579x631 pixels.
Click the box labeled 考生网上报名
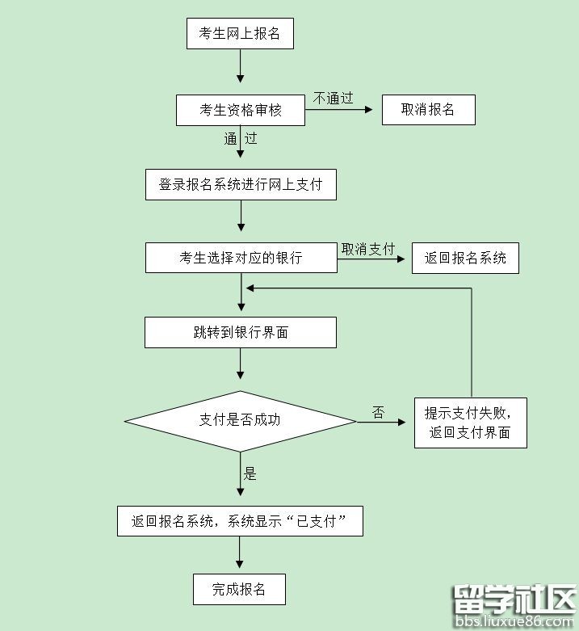pos(240,34)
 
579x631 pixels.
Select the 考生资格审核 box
pos(241,110)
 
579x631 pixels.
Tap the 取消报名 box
pos(428,110)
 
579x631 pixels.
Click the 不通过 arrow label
pos(334,99)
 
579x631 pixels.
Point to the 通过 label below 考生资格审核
pos(241,139)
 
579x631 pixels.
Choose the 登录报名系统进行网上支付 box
pos(241,184)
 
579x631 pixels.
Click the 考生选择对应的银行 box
pos(241,258)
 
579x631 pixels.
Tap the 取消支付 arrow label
pos(368,249)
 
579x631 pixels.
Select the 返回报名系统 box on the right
pos(465,258)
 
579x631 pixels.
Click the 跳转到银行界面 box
pos(241,332)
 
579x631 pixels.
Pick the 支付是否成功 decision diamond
pos(241,420)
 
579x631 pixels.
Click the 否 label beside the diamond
pos(378,413)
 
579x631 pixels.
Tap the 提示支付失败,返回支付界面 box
pos(470,423)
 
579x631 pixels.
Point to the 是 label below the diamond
pos(250,474)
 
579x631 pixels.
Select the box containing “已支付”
pos(240,521)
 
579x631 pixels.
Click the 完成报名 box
pos(239,589)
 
